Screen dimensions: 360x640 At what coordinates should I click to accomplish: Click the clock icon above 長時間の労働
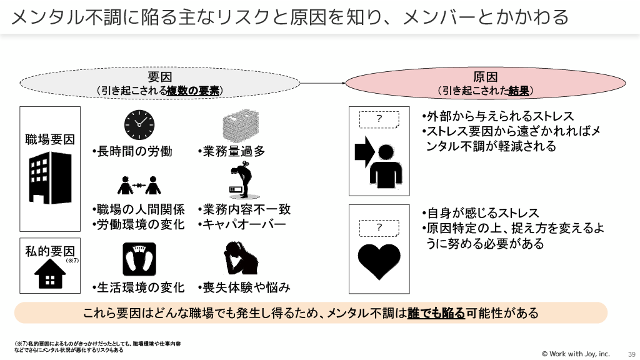point(139,124)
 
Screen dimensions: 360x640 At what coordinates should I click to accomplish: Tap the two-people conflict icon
point(139,184)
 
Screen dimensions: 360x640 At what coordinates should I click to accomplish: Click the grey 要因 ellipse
point(161,84)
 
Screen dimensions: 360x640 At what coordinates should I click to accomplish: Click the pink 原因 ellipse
point(485,84)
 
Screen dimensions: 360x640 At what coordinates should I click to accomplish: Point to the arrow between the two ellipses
point(325,83)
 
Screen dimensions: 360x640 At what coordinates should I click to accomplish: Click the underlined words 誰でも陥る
point(436,313)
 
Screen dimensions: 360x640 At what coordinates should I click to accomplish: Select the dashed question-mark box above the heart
point(379,227)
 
